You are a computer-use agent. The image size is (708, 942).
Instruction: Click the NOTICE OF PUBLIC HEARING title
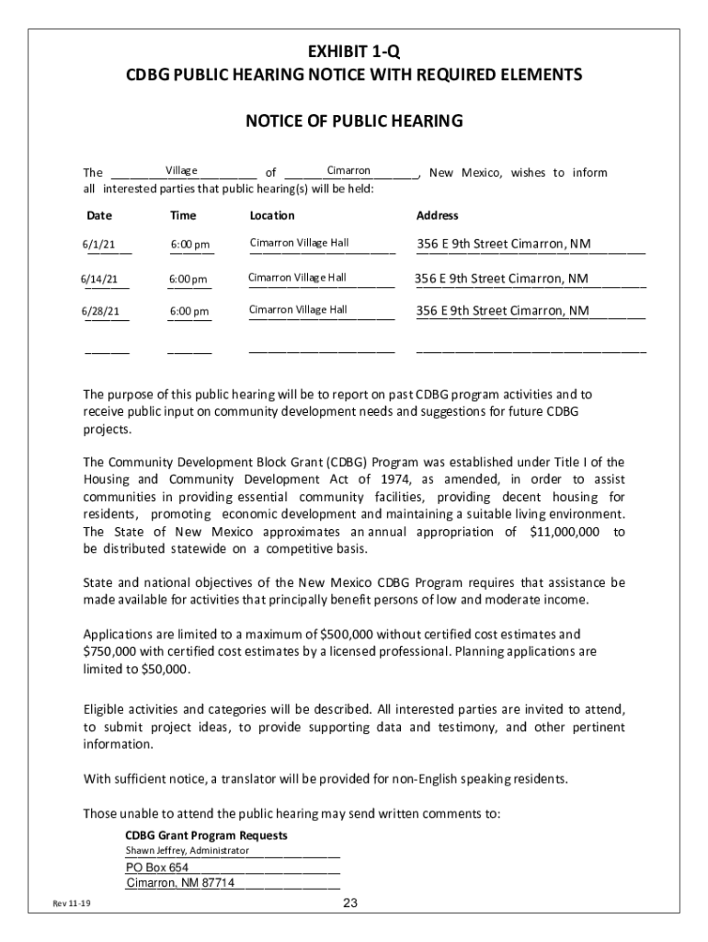click(x=353, y=121)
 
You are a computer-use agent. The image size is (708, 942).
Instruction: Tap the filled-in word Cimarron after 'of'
click(x=348, y=170)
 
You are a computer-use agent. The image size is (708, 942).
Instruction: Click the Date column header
click(x=98, y=215)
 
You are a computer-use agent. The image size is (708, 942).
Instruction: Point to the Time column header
click(x=183, y=215)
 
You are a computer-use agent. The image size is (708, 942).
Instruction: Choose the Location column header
click(x=272, y=215)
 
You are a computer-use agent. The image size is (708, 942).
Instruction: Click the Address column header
click(x=437, y=215)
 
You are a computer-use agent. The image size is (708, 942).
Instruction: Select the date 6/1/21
click(x=97, y=245)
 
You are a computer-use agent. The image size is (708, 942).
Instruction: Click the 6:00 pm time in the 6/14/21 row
click(x=188, y=280)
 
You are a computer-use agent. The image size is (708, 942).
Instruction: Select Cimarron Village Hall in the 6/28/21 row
click(x=299, y=310)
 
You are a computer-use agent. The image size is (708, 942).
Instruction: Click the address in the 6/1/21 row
click(x=504, y=244)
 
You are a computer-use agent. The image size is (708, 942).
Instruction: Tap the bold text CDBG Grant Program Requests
click(x=206, y=835)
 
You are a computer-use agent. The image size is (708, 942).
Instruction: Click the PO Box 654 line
click(x=157, y=867)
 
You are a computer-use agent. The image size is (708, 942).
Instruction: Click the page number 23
click(x=349, y=903)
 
